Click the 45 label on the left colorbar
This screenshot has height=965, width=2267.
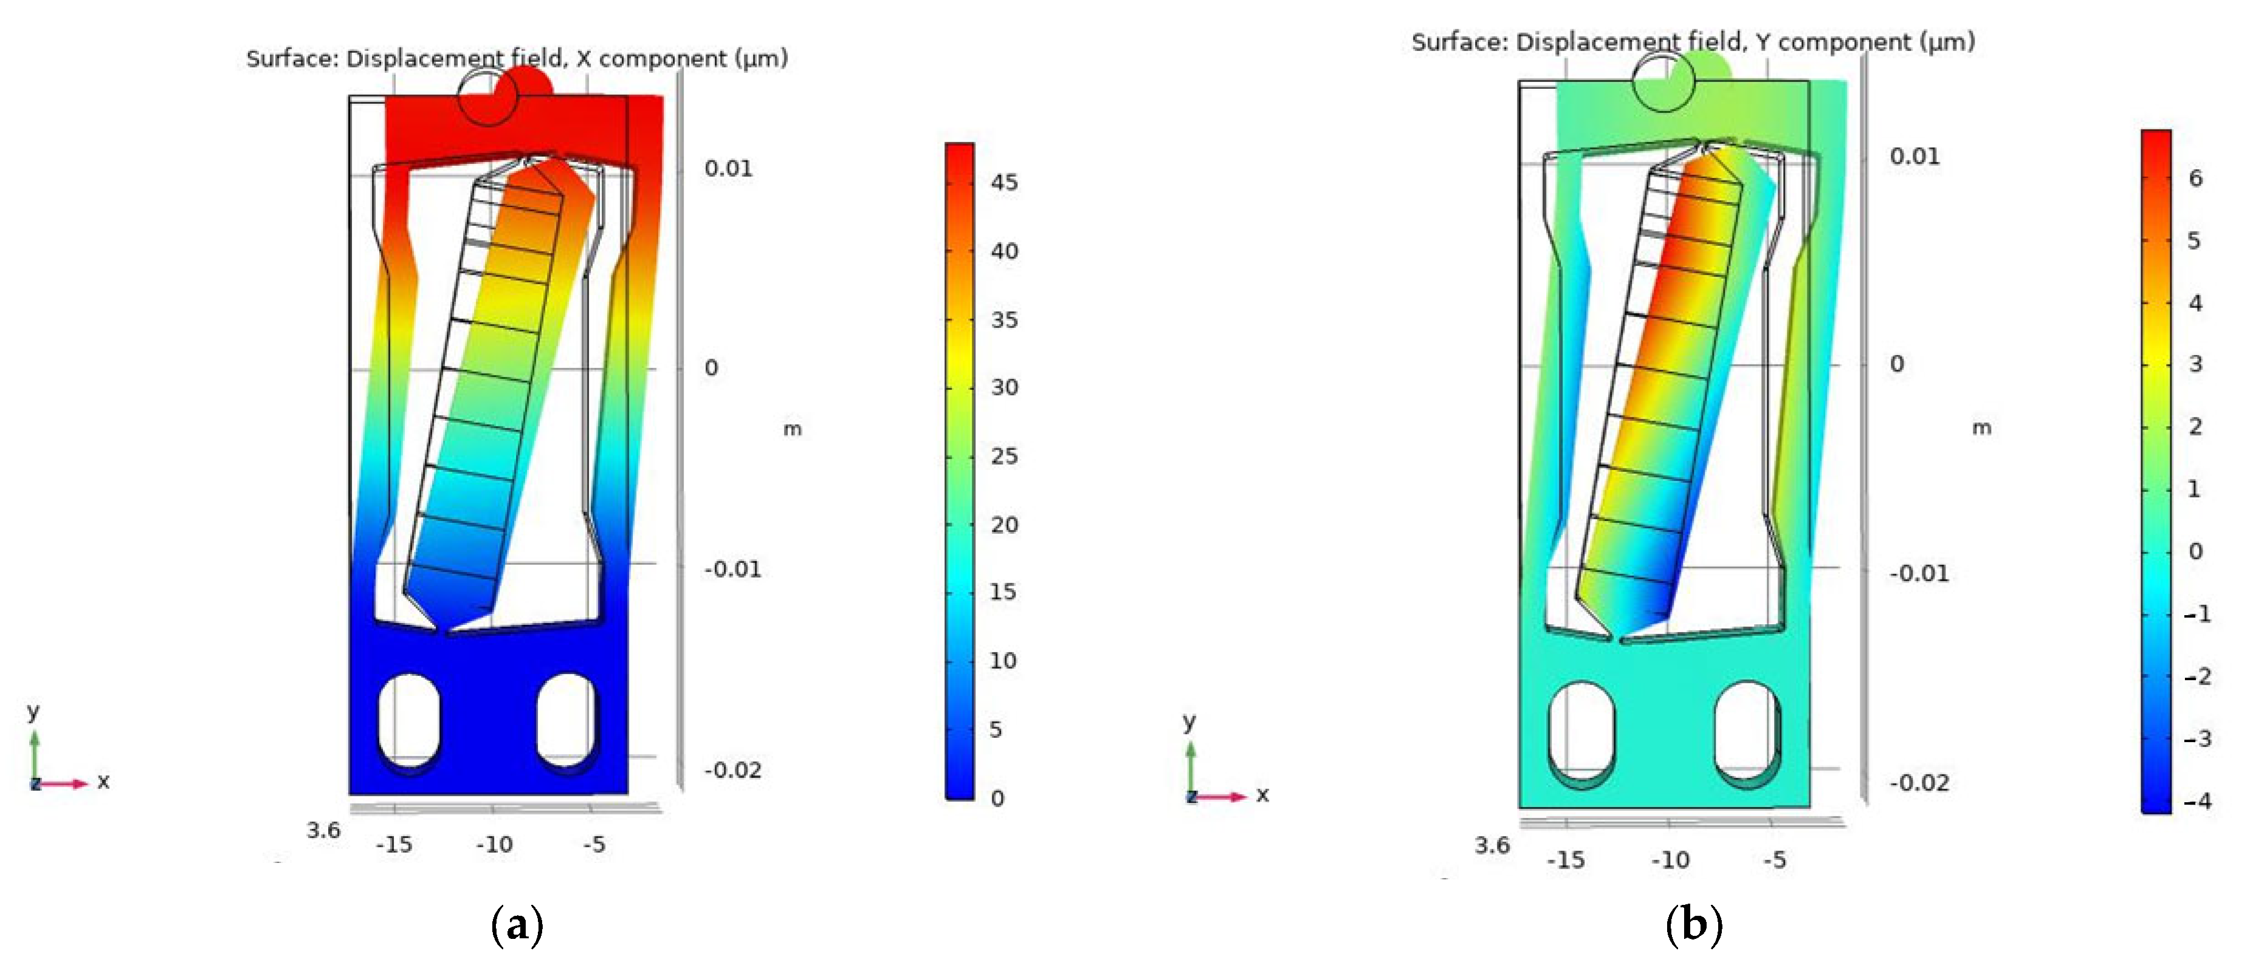pos(1004,182)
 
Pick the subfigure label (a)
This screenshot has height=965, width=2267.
pos(517,926)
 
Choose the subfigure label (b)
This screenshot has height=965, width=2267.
pos(1693,926)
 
